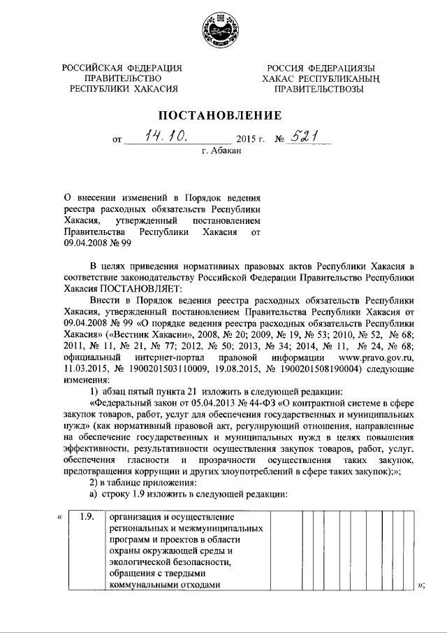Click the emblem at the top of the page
coord(223,29)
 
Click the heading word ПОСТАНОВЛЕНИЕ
coord(223,115)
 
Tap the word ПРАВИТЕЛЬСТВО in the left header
coord(123,78)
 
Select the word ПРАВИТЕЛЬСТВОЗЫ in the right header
coord(318,90)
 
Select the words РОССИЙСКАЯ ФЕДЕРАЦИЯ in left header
coord(123,67)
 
